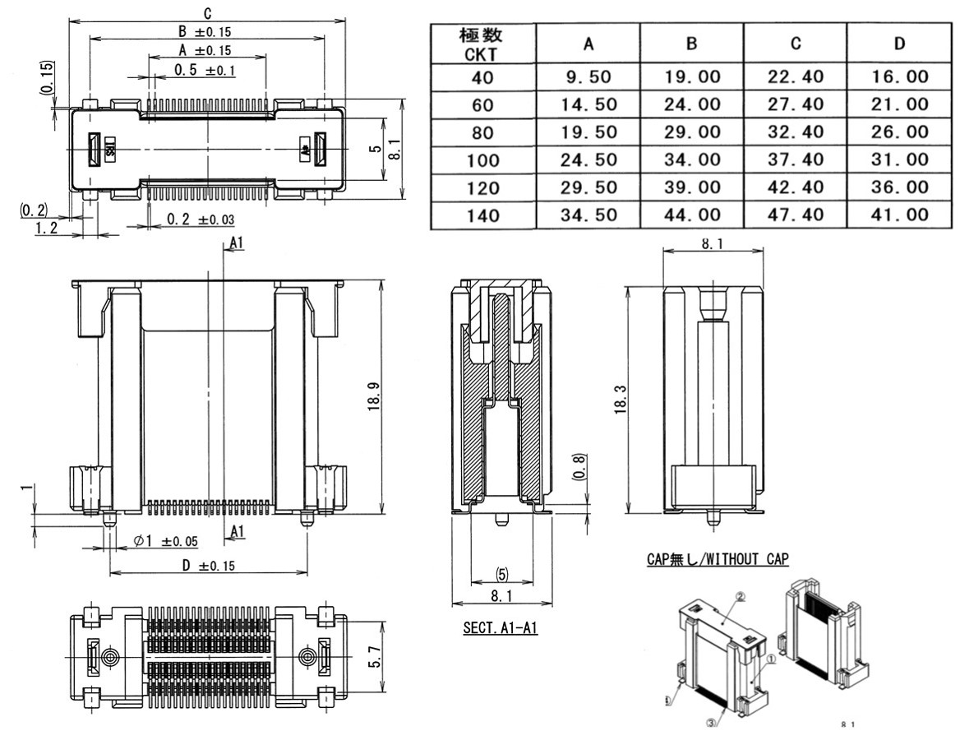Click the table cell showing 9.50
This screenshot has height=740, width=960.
[588, 77]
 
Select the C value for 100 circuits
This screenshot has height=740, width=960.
[796, 160]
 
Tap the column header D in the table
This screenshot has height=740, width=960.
[899, 44]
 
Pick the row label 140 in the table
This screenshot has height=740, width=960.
[482, 215]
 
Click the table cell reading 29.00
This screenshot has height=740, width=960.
[692, 132]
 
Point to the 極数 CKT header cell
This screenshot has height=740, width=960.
[482, 44]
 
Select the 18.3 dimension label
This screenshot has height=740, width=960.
[621, 401]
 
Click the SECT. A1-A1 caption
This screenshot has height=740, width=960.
[500, 628]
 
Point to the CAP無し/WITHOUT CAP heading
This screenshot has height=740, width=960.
[718, 559]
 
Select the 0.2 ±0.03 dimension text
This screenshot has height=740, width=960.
[201, 220]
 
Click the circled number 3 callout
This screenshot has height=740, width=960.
[712, 722]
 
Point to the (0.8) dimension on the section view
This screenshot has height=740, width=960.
[579, 469]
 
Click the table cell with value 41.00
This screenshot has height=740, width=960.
[899, 215]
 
